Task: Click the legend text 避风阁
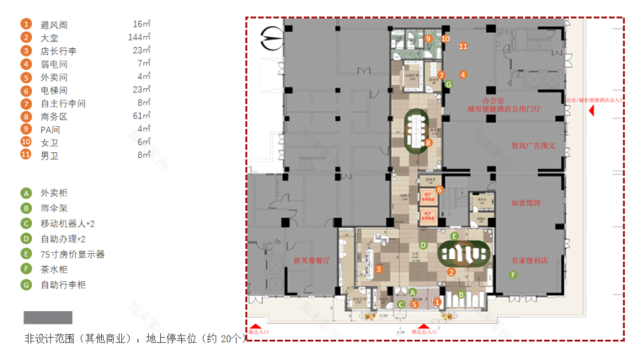54,25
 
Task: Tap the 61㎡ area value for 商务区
141,116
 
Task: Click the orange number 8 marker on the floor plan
429,143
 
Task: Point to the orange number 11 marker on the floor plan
463,47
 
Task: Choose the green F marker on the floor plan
514,275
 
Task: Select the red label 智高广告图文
533,145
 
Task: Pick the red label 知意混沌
525,203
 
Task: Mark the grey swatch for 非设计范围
48,317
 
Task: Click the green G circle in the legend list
27,286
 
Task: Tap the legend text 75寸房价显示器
73,254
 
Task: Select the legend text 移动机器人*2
68,224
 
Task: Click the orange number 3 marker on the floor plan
378,270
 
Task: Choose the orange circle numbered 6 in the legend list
27,90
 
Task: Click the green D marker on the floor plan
424,245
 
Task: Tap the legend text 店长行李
58,51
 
